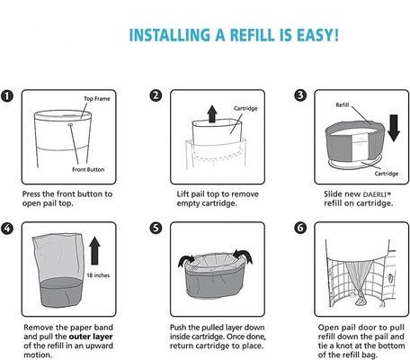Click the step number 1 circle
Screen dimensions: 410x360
[x=7, y=96]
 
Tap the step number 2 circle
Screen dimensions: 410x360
[x=156, y=95]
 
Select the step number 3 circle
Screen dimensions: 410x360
[x=300, y=95]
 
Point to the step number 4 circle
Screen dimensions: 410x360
[x=7, y=229]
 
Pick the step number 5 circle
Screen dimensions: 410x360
[x=156, y=228]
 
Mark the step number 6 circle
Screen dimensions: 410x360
[x=300, y=228]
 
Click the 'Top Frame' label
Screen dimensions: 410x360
[x=97, y=99]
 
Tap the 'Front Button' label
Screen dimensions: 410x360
[x=88, y=169]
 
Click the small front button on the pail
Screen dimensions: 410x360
[x=70, y=124]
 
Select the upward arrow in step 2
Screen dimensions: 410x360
[x=212, y=113]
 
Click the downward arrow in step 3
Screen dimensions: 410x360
[x=394, y=128]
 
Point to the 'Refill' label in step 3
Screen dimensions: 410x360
[x=343, y=105]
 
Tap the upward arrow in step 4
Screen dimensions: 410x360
[x=94, y=251]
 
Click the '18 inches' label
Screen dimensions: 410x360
[x=98, y=275]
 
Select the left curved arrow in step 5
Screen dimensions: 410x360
[x=186, y=261]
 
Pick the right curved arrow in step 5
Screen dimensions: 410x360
[x=243, y=256]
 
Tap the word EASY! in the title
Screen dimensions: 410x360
[x=318, y=35]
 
